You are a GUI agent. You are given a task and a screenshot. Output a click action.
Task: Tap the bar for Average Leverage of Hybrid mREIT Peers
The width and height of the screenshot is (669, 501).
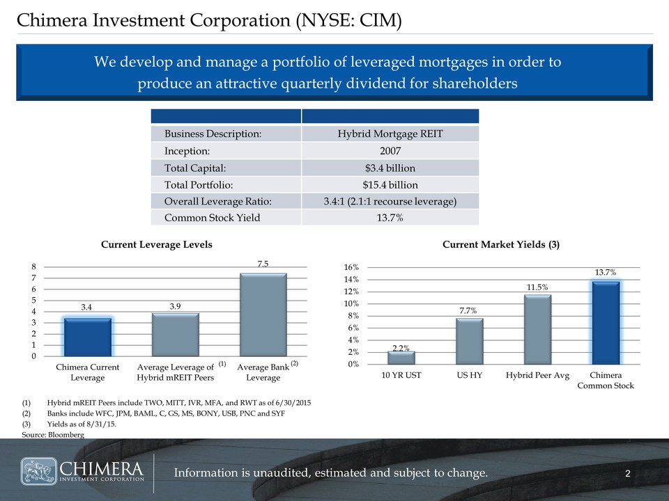click(175, 335)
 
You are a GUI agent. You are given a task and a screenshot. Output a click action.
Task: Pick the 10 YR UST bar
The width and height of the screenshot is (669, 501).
click(401, 357)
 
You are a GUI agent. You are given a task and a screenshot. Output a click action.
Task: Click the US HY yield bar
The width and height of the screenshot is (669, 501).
click(469, 341)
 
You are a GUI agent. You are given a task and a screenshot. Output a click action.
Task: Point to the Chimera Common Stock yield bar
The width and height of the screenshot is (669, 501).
click(605, 322)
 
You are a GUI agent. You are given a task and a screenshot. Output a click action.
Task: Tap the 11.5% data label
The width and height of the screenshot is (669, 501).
click(537, 287)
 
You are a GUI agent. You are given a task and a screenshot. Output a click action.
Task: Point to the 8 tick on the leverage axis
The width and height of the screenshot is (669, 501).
click(34, 266)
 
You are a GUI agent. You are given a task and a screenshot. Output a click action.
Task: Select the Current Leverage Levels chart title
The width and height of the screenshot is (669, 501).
click(157, 245)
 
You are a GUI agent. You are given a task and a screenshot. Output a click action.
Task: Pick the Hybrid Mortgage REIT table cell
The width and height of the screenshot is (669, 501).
click(391, 134)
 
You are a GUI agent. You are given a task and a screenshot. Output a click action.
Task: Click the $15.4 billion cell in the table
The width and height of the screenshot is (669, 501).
click(391, 184)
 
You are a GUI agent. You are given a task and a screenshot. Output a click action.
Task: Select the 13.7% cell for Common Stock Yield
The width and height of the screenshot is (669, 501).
click(391, 218)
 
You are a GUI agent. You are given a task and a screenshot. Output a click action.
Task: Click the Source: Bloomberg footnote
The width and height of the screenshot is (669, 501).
click(53, 434)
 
